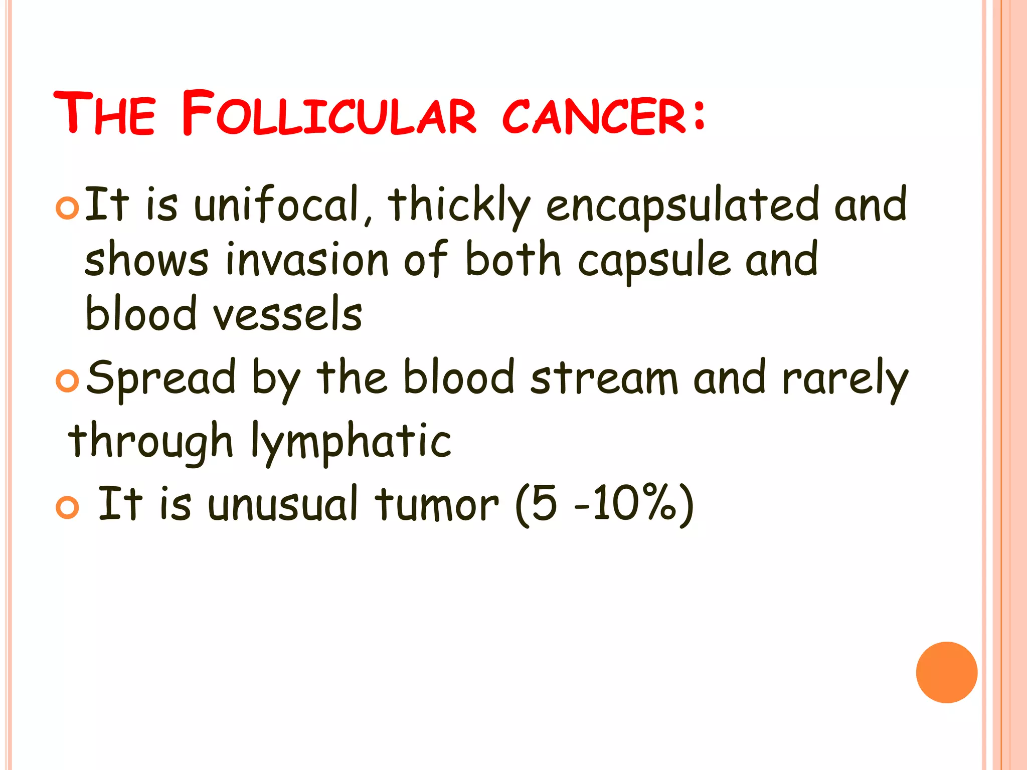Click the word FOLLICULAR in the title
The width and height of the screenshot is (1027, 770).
(x=328, y=114)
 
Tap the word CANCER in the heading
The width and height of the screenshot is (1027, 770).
(x=594, y=116)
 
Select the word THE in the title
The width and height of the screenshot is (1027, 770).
(x=104, y=114)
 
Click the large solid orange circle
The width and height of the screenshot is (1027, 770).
(x=946, y=672)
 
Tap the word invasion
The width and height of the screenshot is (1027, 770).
(x=307, y=260)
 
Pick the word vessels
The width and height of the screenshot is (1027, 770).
(x=287, y=315)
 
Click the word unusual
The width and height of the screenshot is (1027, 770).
(x=283, y=504)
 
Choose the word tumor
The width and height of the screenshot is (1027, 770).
(x=437, y=504)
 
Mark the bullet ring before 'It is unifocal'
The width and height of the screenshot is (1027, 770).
(x=67, y=208)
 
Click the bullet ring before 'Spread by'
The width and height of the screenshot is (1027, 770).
(x=67, y=381)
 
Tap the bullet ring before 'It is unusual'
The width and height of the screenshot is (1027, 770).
(x=67, y=507)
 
